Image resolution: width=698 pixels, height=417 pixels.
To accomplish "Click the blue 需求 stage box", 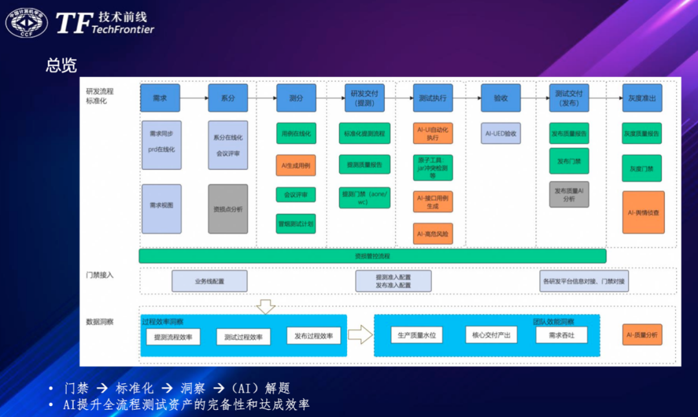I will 160,98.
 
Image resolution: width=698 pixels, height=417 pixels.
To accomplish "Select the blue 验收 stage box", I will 500,98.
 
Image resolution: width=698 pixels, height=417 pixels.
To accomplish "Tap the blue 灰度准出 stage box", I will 642,98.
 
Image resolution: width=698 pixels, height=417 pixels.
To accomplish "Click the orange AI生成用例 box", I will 296,166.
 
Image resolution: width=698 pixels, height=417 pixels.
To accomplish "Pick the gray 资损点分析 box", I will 227,209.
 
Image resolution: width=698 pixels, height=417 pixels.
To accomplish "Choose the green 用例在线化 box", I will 296,133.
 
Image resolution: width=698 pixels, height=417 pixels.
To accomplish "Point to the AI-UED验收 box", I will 501,134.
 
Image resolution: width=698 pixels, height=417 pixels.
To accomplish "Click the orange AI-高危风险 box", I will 433,233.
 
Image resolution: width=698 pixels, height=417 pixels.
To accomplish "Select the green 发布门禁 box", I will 569,160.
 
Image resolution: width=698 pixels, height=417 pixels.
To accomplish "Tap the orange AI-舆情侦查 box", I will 643,212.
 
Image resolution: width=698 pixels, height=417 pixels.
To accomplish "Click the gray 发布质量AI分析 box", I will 569,195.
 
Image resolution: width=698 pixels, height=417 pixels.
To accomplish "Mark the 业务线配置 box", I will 209,281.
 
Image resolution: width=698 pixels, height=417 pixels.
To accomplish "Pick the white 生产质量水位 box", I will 417,334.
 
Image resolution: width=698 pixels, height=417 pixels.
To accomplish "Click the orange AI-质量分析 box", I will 642,334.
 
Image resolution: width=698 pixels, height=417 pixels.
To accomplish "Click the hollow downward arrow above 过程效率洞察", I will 266,306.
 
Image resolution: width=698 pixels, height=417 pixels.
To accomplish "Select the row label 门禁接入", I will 100,275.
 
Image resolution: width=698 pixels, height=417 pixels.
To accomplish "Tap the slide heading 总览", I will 61,65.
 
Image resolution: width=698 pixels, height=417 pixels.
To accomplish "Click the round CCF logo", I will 26,23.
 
